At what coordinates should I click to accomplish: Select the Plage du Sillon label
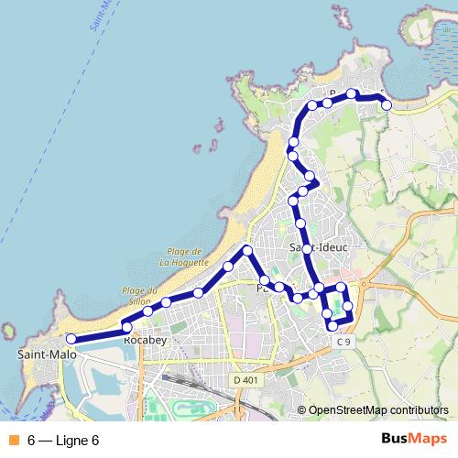tap(140, 294)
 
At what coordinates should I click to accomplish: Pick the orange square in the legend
tap(14, 441)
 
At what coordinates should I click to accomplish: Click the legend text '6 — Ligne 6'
tap(63, 441)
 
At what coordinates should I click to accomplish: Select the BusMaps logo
tap(409, 440)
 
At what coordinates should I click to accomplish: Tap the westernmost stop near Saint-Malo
tap(71, 339)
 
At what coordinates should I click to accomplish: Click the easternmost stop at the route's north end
tap(387, 105)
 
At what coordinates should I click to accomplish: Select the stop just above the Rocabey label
tap(127, 327)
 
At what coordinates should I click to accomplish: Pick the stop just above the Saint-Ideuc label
tap(300, 224)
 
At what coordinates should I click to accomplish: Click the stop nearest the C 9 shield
tap(333, 326)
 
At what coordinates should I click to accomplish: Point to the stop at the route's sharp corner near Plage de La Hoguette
tap(247, 250)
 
